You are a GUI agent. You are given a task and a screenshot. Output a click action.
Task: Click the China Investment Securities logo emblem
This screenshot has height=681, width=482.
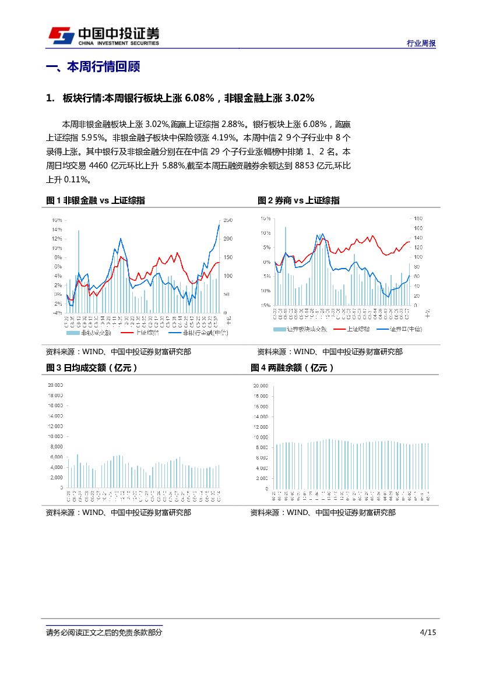click(61, 36)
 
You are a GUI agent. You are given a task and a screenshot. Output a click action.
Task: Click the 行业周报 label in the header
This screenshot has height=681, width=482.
click(421, 43)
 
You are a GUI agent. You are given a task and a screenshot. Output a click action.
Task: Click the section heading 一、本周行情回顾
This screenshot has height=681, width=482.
click(93, 67)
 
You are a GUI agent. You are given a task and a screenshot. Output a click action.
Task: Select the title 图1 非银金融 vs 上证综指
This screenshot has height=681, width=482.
click(96, 200)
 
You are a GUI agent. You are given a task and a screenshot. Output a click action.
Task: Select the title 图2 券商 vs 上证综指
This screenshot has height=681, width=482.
click(298, 200)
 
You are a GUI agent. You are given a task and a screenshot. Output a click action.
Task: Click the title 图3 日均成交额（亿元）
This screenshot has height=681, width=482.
click(92, 368)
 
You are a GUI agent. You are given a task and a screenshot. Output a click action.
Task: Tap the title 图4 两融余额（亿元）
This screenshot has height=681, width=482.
click(293, 368)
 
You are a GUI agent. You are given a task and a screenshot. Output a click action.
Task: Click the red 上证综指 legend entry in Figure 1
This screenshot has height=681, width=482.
click(139, 333)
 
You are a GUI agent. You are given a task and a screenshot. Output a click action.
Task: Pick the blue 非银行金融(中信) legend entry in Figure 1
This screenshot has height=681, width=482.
click(198, 333)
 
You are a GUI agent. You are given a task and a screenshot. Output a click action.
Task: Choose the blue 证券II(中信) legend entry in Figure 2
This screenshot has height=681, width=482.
click(399, 329)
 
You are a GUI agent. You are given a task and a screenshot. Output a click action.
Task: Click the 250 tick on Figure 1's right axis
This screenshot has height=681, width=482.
click(228, 220)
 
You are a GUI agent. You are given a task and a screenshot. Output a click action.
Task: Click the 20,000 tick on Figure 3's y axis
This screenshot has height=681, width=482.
click(55, 385)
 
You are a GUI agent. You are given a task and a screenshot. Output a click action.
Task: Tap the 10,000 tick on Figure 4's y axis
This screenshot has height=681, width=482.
click(260, 437)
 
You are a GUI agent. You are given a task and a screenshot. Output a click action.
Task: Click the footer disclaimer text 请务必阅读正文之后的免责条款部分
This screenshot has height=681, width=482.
click(104, 633)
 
